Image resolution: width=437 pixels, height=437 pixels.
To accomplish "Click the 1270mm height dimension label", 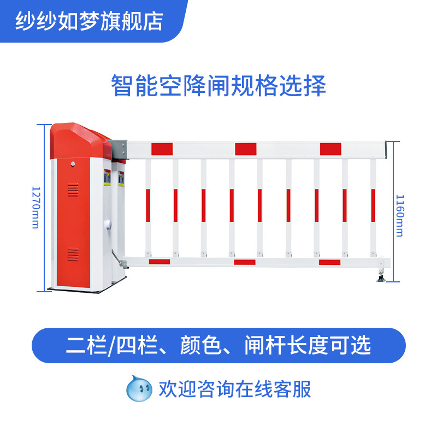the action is click(36, 208).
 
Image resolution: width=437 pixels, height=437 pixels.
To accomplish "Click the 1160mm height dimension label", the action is click(400, 215).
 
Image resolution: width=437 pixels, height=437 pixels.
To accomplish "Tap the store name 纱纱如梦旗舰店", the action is click(89, 21).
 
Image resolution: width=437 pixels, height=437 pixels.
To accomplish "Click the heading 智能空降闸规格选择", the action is click(218, 85).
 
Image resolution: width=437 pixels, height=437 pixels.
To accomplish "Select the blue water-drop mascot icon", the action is click(139, 388).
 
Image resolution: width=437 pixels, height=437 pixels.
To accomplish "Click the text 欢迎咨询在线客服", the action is click(235, 389).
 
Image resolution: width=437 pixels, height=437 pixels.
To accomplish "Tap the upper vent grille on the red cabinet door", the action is click(73, 190).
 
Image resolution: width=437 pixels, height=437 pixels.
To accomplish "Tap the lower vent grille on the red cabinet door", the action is click(73, 254).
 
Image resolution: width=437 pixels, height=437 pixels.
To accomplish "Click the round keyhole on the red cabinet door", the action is click(73, 164).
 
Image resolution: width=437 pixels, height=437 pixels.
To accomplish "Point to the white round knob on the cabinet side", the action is click(107, 225).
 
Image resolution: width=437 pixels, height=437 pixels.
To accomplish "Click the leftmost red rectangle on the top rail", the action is click(162, 149).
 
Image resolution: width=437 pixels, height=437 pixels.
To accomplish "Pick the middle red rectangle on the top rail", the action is click(245, 149).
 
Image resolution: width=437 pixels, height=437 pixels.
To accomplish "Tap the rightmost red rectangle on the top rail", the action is click(330, 149).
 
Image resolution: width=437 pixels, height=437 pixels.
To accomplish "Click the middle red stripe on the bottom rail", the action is click(245, 262).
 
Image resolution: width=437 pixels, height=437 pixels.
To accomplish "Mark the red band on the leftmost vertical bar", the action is click(148, 205).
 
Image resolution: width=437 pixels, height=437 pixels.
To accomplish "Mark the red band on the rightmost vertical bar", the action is click(373, 205).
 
